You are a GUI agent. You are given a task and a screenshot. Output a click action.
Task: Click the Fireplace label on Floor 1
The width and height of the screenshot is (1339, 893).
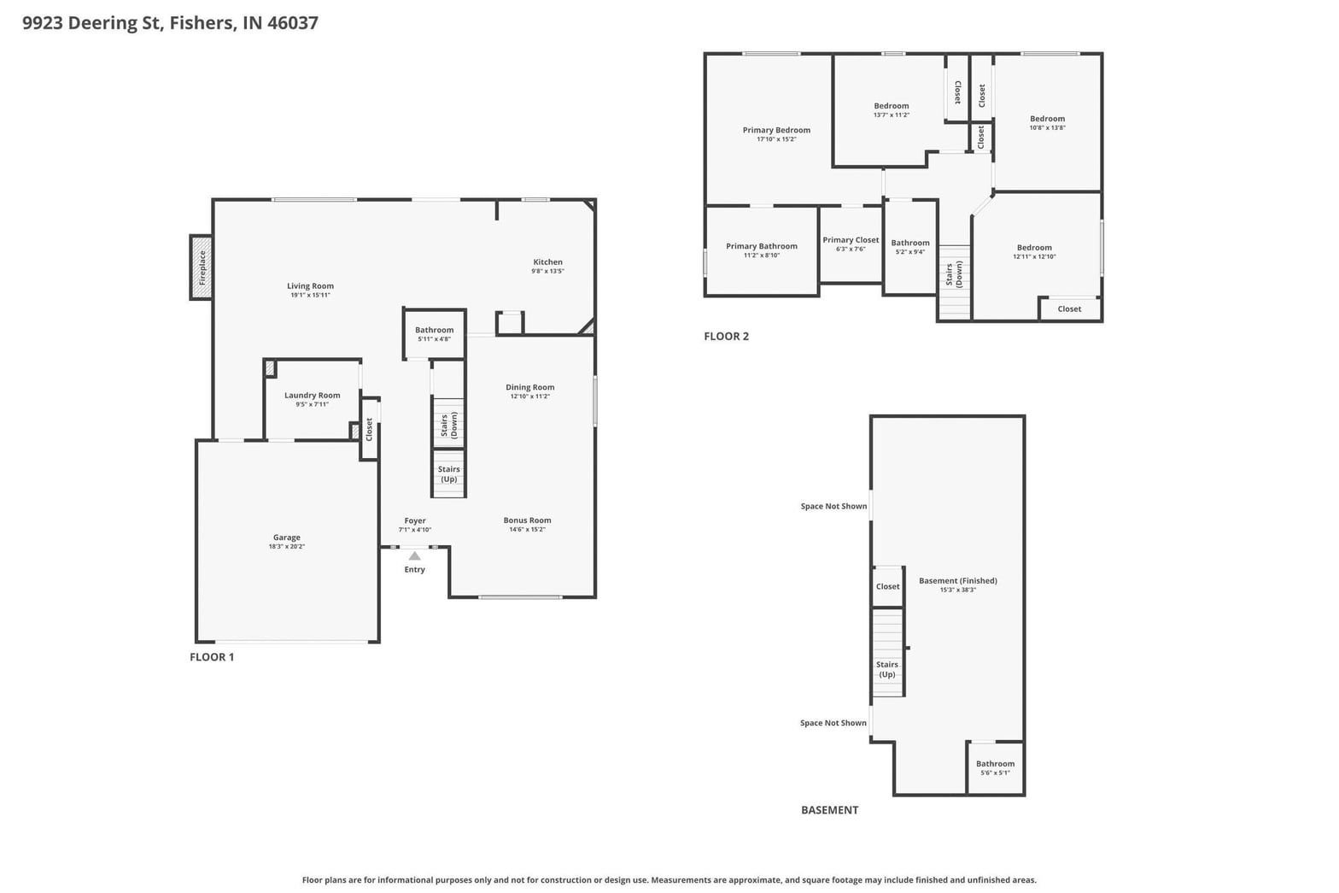[202, 267]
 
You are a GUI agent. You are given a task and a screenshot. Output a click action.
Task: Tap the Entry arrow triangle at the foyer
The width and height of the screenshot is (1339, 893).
[414, 556]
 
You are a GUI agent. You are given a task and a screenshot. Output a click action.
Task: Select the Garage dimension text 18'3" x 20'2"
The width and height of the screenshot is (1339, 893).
[287, 546]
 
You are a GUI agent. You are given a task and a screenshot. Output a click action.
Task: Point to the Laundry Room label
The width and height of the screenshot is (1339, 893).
[312, 395]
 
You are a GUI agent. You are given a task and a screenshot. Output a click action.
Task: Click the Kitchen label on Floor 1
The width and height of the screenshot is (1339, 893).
[547, 261]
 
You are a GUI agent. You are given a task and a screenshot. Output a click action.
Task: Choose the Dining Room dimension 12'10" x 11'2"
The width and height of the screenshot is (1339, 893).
[529, 396]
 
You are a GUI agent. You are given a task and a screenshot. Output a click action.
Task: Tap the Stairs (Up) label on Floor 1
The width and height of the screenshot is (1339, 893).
[449, 473]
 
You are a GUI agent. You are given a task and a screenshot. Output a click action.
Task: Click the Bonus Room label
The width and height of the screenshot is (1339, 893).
[527, 520]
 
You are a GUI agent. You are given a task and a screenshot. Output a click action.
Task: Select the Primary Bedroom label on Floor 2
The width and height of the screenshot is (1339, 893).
[776, 130]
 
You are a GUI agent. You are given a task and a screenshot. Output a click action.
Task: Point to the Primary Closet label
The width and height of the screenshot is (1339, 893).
[851, 240]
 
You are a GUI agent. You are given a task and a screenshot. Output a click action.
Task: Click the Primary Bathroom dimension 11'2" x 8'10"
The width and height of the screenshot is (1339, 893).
[762, 256]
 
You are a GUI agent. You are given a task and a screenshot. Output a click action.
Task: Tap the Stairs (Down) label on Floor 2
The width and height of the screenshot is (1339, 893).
[954, 274]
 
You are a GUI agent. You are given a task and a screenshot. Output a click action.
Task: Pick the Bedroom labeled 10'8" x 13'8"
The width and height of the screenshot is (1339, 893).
[1047, 119]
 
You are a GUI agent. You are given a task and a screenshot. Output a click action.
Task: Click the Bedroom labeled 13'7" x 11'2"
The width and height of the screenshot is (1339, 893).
[892, 106]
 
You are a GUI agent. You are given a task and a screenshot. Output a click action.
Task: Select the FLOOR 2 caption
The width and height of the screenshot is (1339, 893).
[726, 336]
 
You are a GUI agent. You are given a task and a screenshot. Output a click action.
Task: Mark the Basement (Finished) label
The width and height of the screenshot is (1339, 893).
[958, 580]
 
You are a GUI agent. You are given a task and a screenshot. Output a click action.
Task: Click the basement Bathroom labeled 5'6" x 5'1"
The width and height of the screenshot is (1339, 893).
[996, 763]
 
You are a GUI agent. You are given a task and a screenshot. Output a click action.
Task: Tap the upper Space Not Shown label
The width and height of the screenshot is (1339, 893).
[833, 506]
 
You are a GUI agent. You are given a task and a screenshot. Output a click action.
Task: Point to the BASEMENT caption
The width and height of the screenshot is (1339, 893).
[830, 810]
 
